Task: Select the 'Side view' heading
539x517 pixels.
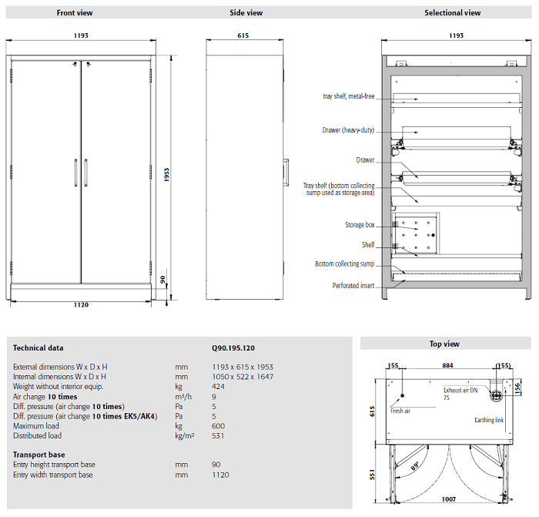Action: [246, 13]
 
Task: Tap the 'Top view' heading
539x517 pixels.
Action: [444, 344]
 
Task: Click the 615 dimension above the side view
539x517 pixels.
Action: [243, 35]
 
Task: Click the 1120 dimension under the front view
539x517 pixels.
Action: [82, 305]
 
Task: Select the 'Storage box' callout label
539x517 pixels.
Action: [360, 225]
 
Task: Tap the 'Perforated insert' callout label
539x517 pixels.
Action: [353, 285]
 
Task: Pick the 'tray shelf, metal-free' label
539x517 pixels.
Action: [349, 96]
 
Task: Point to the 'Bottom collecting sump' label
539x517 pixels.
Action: [344, 264]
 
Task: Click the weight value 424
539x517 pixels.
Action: [218, 386]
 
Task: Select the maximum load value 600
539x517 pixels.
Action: [218, 425]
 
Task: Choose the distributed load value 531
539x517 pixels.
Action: [218, 435]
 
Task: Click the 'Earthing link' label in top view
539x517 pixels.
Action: [489, 420]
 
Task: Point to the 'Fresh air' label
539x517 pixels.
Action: [400, 411]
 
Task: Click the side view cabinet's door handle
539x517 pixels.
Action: [286, 170]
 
